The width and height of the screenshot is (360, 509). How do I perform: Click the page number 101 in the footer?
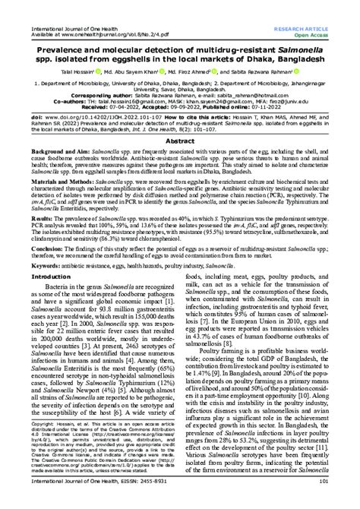tap(344, 500)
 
